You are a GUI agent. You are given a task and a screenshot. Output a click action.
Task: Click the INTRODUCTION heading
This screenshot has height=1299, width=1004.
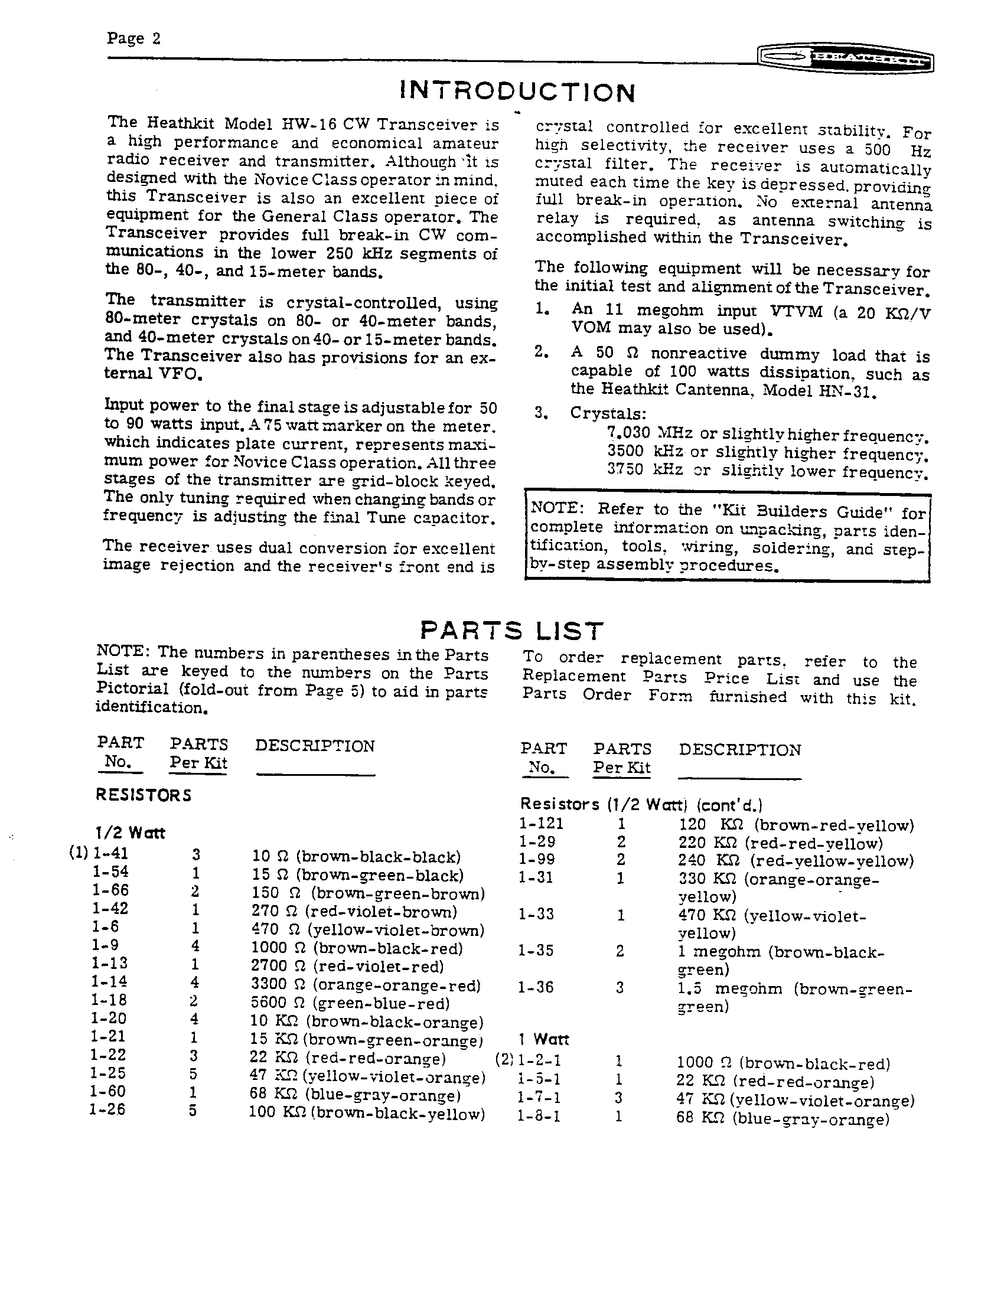pos(517,92)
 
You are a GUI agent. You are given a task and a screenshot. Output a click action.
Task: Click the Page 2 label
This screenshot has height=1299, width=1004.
pos(133,39)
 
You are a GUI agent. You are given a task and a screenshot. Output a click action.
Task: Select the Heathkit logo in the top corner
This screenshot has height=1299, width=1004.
pos(845,60)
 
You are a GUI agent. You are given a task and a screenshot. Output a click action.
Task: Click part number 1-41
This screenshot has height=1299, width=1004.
pos(110,854)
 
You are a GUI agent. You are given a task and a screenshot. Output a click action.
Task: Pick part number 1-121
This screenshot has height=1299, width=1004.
pos(540,824)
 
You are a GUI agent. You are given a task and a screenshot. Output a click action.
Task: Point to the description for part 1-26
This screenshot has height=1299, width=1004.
pos(366,1114)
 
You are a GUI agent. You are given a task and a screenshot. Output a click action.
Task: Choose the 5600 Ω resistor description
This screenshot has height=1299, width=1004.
pos(350,1003)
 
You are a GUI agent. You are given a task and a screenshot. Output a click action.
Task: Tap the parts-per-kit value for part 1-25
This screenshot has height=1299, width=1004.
pos(193,1074)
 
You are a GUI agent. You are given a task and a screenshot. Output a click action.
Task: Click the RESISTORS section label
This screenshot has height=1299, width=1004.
pos(144,795)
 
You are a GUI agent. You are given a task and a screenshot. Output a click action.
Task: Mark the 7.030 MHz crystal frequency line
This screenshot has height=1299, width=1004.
pos(767,435)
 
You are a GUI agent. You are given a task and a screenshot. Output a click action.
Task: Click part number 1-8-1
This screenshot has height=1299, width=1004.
pos(538,1117)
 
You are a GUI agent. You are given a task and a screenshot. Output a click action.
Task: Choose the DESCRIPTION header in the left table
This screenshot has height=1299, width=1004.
pos(315,746)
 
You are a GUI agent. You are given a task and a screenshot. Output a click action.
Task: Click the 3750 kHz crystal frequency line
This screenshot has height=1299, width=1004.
pos(767,471)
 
